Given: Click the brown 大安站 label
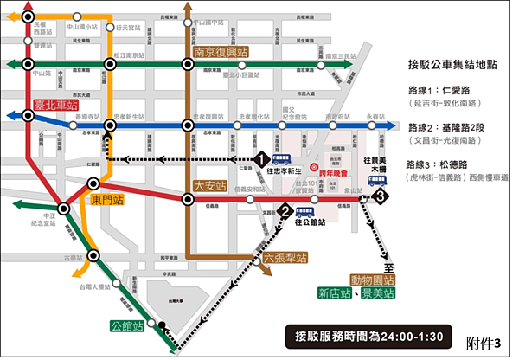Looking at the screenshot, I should (210, 184).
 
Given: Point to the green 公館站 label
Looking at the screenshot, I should (124, 304).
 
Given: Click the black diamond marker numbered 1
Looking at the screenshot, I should (259, 159).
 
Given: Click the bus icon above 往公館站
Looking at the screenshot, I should (304, 211).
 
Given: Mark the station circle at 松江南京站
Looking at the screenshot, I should (110, 64).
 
